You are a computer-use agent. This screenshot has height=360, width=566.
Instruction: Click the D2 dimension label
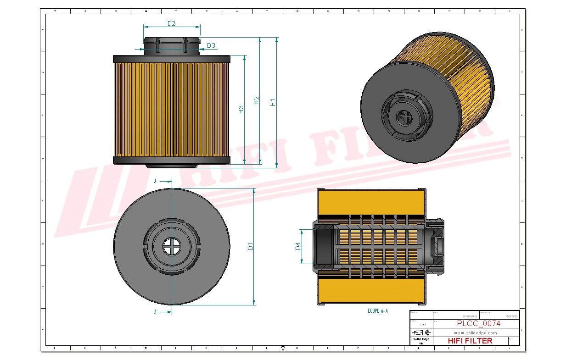[171, 23]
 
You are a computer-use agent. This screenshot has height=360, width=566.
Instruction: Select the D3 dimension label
[211, 45]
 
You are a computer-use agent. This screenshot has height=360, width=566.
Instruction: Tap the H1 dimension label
[273, 102]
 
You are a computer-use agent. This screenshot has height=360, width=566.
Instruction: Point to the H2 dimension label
[257, 100]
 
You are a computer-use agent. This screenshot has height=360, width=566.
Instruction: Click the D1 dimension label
[250, 246]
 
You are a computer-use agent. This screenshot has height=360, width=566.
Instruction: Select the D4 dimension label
[297, 246]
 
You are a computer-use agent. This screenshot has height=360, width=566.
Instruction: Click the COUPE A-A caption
[377, 311]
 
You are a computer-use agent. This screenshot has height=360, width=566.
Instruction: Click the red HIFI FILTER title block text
[470, 341]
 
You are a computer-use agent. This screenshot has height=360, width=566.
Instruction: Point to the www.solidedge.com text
[476, 332]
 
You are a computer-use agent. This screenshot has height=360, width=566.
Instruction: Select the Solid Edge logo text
[421, 339]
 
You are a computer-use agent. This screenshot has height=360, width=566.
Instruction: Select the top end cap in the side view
[171, 59]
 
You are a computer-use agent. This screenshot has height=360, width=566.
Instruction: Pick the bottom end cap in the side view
[171, 160]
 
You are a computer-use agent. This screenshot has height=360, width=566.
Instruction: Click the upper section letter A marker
[156, 182]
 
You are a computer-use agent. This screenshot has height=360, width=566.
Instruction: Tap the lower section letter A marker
[156, 312]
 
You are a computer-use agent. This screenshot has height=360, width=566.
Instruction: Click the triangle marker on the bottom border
[282, 348]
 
